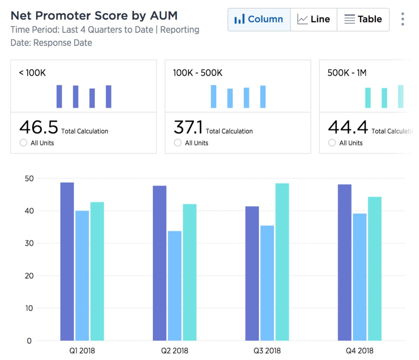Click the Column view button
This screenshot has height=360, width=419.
[259, 19]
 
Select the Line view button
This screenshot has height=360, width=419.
[314, 19]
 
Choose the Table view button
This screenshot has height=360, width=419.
[363, 19]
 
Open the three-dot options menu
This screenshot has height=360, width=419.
[403, 19]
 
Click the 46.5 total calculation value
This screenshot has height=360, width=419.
[39, 127]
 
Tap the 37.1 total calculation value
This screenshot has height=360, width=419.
[188, 127]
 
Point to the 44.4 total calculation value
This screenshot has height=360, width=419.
[348, 127]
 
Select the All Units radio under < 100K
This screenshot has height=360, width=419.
[24, 143]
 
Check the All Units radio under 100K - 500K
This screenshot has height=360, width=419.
[178, 143]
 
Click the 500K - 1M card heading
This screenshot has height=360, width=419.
[347, 73]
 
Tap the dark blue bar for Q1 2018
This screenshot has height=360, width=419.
[67, 261]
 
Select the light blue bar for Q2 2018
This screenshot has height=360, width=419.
[175, 286]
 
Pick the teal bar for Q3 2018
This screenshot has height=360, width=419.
[282, 262]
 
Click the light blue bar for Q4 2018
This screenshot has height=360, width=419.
[360, 277]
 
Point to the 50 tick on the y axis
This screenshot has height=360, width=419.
[29, 179]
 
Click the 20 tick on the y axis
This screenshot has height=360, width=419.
[29, 276]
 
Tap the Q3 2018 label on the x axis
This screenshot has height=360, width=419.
[267, 351]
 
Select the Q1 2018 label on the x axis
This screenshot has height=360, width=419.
[82, 351]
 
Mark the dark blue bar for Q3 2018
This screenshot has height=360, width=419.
[252, 273]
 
